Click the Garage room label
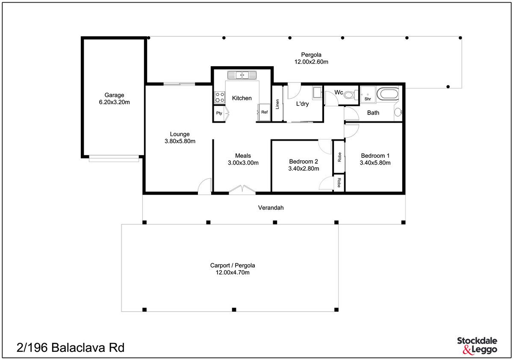coord(114,95)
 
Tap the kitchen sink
coord(242,75)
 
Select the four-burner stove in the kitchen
coord(219,97)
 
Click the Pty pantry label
coord(219,113)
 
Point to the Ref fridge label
coord(264,112)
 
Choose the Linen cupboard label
coord(277,104)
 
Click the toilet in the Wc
coord(351,95)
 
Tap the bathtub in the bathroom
coord(388,94)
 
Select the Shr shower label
coord(368,99)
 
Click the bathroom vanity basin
coord(398,112)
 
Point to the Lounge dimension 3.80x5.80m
coord(180,141)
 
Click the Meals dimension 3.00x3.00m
coord(243,163)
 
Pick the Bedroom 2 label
coord(304,162)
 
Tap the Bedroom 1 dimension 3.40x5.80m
coord(375,163)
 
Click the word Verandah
coord(271,208)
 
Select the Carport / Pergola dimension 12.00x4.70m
coord(233,272)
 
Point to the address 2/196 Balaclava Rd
coord(71,348)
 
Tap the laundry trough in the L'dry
coord(317,92)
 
